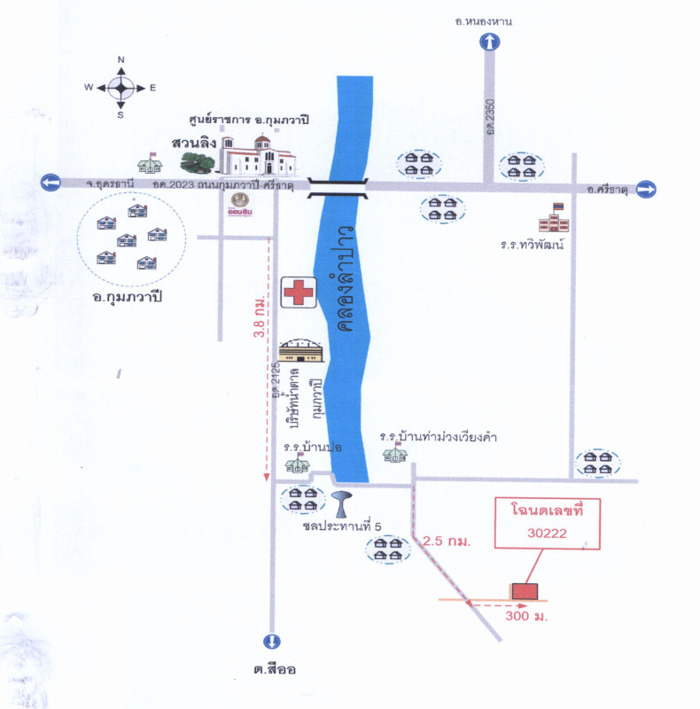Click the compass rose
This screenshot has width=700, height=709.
121,87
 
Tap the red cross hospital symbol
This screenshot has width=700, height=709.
299,292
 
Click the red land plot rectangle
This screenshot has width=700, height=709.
525,590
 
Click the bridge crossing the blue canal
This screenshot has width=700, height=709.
338,184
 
